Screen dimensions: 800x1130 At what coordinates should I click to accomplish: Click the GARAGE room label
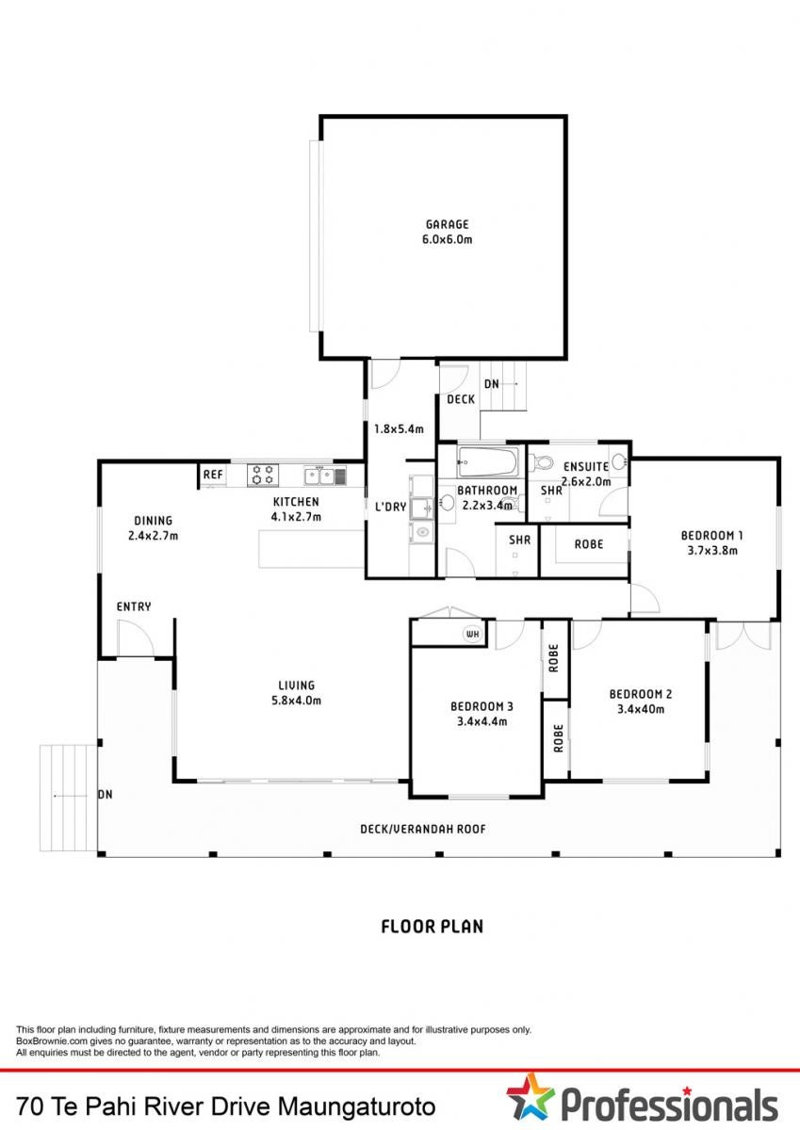click(448, 224)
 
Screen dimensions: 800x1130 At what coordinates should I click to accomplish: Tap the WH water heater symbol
click(473, 634)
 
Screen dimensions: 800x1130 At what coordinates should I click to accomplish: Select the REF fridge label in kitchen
click(213, 475)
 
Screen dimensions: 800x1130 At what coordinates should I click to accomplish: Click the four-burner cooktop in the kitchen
click(263, 476)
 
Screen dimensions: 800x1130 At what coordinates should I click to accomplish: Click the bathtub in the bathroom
click(487, 462)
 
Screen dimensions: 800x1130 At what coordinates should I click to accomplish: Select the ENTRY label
click(134, 606)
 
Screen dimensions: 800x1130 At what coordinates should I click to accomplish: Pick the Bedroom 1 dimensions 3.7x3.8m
click(712, 550)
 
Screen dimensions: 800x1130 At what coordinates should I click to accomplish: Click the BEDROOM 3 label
click(482, 707)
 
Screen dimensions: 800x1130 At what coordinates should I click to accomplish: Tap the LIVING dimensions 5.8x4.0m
click(296, 701)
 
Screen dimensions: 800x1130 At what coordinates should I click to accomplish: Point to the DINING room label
click(153, 521)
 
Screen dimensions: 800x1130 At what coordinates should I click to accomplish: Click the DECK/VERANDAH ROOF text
click(423, 829)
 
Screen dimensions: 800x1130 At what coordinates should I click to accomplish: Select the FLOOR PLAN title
click(433, 927)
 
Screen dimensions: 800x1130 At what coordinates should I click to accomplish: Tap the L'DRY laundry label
click(391, 507)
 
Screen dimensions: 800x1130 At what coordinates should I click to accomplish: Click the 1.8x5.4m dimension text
click(399, 429)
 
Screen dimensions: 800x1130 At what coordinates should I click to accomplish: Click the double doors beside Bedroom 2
click(743, 635)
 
